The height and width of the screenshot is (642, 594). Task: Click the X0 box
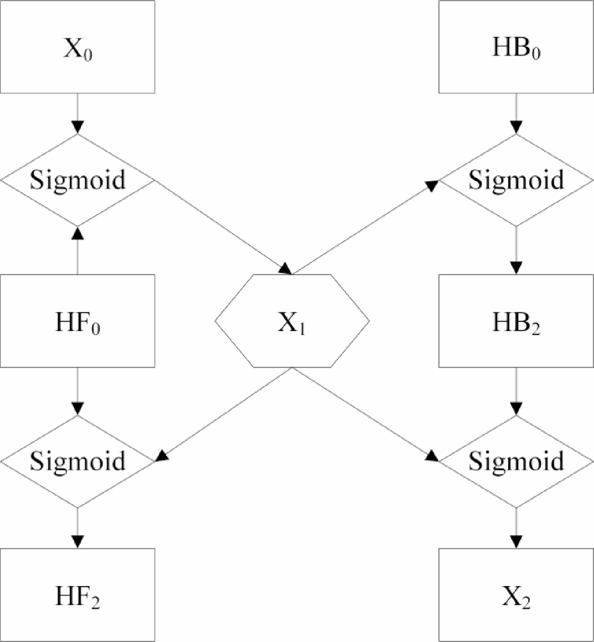77,47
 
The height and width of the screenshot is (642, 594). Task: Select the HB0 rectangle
516,47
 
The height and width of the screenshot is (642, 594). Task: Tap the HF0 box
77,321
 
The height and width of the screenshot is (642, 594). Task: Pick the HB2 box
516,321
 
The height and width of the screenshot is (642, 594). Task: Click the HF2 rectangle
77,594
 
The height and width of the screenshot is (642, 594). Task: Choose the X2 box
516,594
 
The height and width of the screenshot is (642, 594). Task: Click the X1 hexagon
292,321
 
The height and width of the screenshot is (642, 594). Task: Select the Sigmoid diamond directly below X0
77,179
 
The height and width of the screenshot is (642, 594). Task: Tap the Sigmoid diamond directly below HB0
516,179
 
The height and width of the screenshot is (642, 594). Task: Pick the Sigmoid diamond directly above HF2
77,461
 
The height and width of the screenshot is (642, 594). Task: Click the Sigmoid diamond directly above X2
516,461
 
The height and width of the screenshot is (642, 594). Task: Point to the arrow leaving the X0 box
77,114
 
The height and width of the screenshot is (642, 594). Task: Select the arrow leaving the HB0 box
516,114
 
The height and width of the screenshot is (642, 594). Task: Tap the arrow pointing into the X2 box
516,528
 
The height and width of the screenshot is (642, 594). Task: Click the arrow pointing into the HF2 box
77,528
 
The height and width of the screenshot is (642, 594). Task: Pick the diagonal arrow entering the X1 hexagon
221,226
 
